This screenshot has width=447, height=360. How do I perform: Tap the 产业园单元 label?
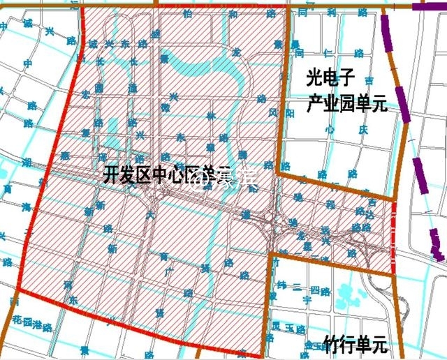tap(347, 106)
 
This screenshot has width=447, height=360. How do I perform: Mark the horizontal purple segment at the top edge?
tap(427, 6)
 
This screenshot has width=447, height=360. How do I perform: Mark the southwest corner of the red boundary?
tap(17, 287)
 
